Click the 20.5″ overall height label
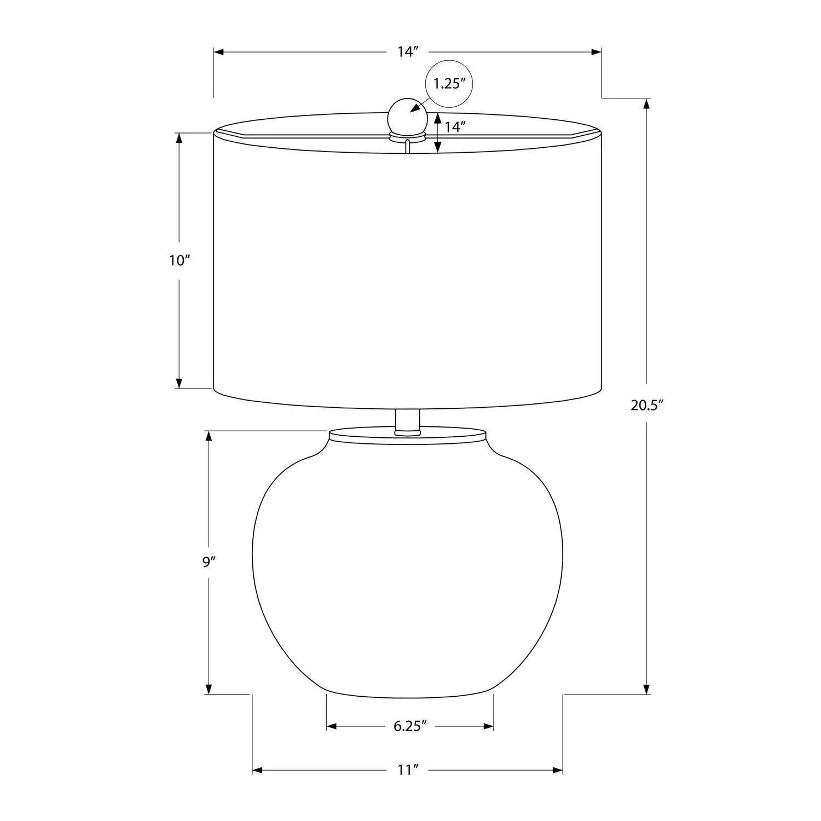pos(647,405)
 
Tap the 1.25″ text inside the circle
pos(449,84)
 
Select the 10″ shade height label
pos(179,261)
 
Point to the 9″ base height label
pos(207,562)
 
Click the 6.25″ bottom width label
pos(410,726)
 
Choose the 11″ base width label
pos(408,770)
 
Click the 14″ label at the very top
pos(408,52)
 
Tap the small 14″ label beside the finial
pos(455,127)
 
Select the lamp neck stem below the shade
pos(407,422)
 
